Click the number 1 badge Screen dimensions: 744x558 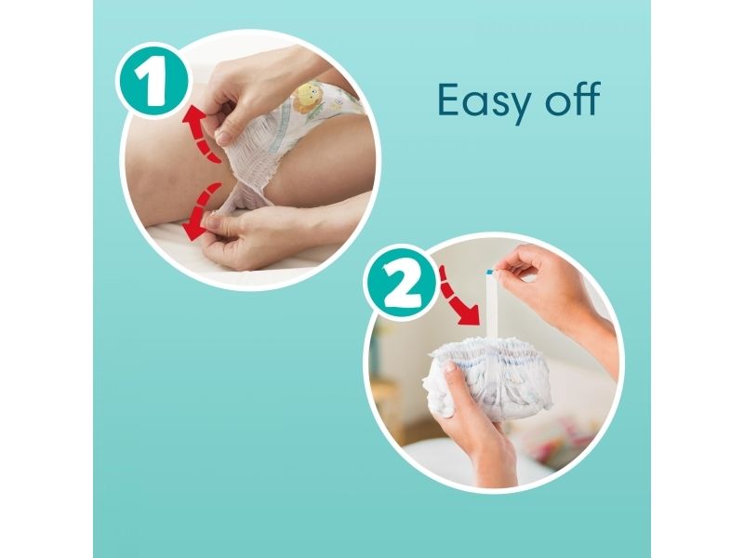click(x=152, y=80)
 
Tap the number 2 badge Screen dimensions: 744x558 click(x=400, y=283)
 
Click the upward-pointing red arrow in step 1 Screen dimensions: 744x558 click(x=200, y=133)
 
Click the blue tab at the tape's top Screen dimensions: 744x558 click(x=490, y=272)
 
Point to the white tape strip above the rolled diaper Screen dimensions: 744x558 click(x=491, y=304)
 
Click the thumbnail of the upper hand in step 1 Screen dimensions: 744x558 click(x=222, y=138)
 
